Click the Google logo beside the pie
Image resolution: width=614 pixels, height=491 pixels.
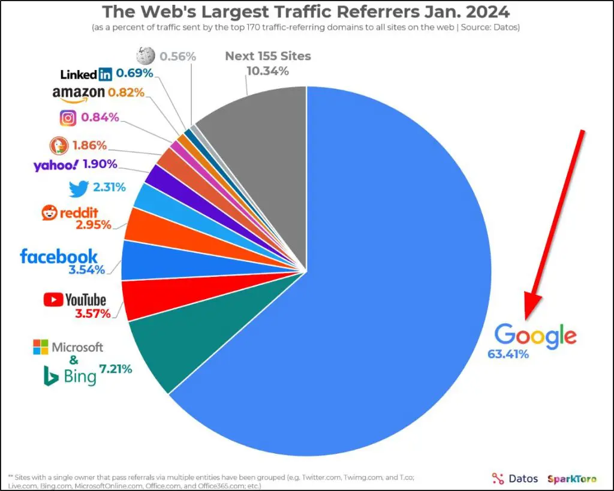[x=535, y=336]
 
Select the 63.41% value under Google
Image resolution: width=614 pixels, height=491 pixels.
[x=508, y=354]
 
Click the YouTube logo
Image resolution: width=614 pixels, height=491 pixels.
[x=74, y=299]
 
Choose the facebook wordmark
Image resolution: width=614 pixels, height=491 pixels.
[x=59, y=257]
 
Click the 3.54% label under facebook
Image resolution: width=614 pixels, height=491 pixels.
[x=86, y=270]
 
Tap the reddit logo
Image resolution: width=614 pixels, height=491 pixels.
[x=70, y=212]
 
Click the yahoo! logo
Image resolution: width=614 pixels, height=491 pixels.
[x=56, y=165]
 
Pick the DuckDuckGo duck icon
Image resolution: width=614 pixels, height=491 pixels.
[x=58, y=145]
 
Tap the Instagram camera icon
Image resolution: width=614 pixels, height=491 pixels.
[x=68, y=118]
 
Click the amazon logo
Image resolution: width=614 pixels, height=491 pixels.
[x=78, y=93]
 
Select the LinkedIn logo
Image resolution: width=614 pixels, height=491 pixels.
[x=86, y=74]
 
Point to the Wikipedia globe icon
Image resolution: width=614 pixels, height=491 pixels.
[x=146, y=56]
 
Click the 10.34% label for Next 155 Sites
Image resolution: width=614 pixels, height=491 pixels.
[x=267, y=71]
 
